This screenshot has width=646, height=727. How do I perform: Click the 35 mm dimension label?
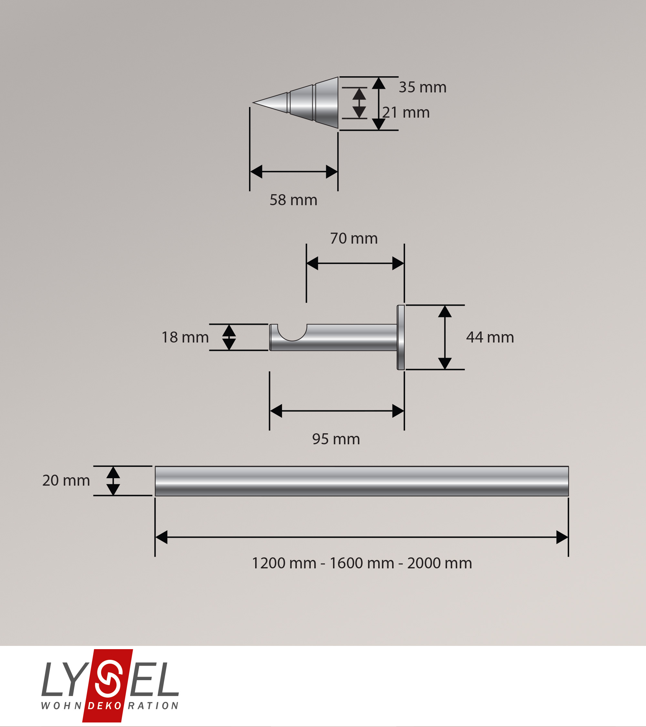(x=422, y=87)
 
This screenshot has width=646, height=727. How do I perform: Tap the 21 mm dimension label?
(x=406, y=112)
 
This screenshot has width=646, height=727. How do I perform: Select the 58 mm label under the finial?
(x=293, y=200)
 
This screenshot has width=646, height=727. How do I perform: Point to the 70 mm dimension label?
(x=354, y=238)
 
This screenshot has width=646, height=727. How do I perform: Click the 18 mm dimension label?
(x=185, y=337)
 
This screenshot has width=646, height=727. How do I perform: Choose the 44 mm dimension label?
(x=490, y=337)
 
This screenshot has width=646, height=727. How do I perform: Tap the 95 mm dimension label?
(x=336, y=439)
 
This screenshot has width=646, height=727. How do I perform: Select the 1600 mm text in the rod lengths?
(x=362, y=563)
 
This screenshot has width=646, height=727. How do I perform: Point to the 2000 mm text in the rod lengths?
(x=439, y=563)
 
